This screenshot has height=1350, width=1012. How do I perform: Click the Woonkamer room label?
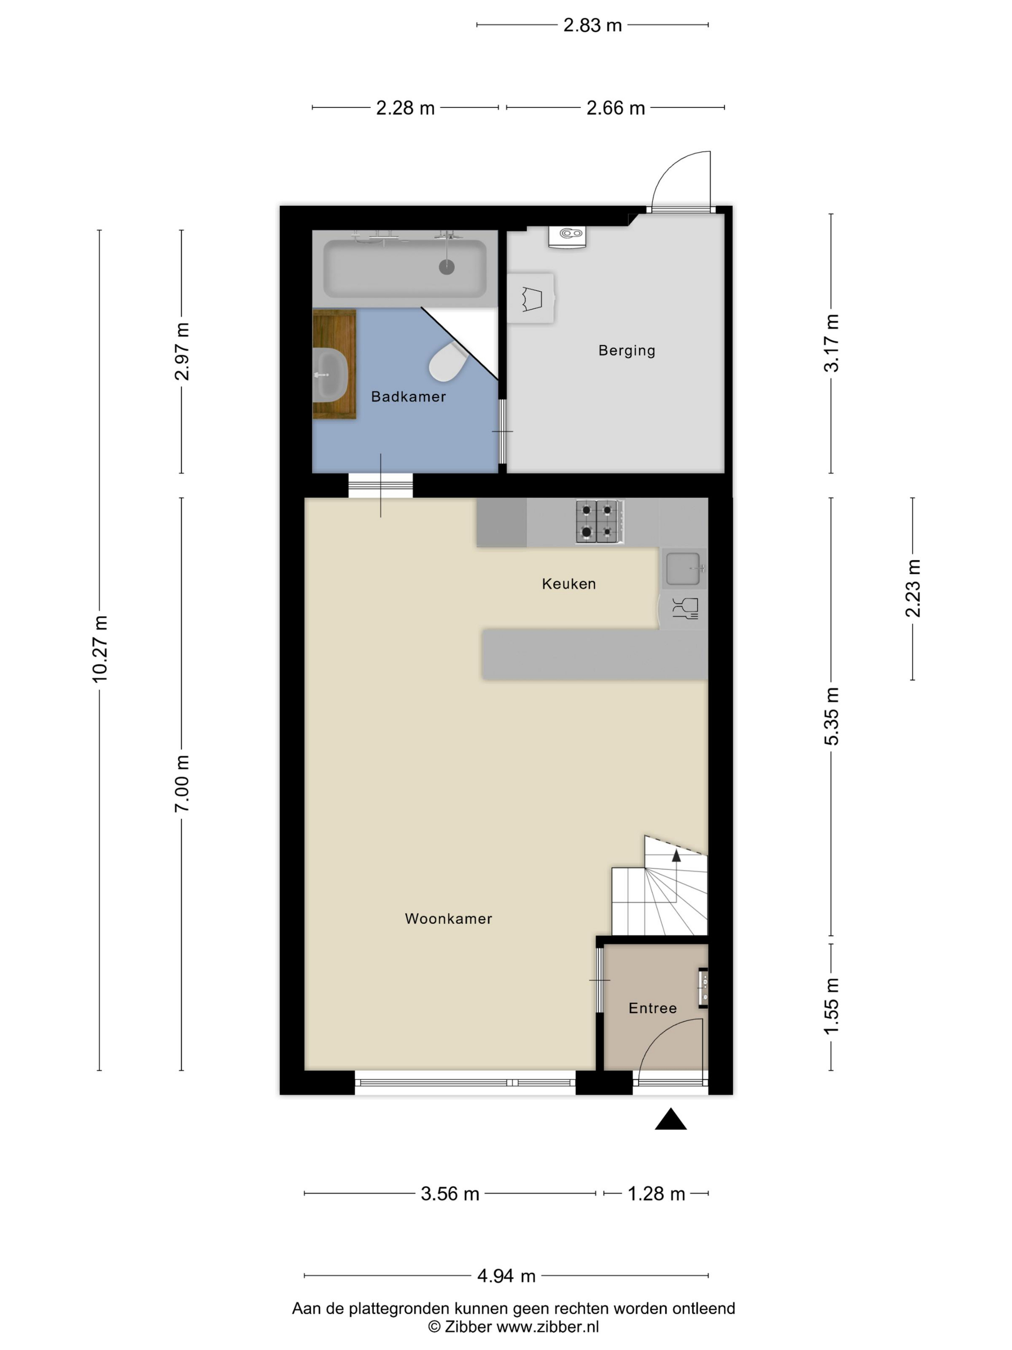[448, 918]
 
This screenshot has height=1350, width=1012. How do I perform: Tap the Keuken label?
[569, 584]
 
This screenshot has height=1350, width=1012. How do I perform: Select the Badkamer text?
[409, 397]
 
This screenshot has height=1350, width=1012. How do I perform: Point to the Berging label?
[626, 351]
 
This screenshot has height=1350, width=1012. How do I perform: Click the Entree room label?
[652, 1008]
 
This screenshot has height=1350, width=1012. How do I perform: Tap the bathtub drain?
[447, 267]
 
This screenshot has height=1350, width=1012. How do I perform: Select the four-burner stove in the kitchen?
[599, 522]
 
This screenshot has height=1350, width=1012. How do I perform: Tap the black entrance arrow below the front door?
[670, 1120]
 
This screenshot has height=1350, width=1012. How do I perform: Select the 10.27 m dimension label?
[99, 649]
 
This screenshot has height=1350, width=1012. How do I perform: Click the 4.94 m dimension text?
[506, 1276]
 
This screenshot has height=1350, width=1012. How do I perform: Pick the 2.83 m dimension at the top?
[592, 25]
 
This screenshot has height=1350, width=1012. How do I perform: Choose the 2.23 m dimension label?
[913, 588]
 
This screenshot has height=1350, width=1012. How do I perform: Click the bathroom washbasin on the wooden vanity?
[330, 375]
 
